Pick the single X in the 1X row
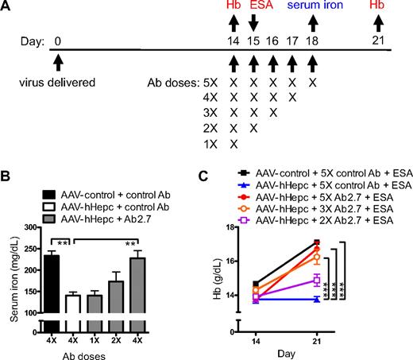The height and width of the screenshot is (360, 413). (234, 145)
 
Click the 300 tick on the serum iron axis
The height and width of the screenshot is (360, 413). (31, 226)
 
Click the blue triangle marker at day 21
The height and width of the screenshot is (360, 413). (317, 299)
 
